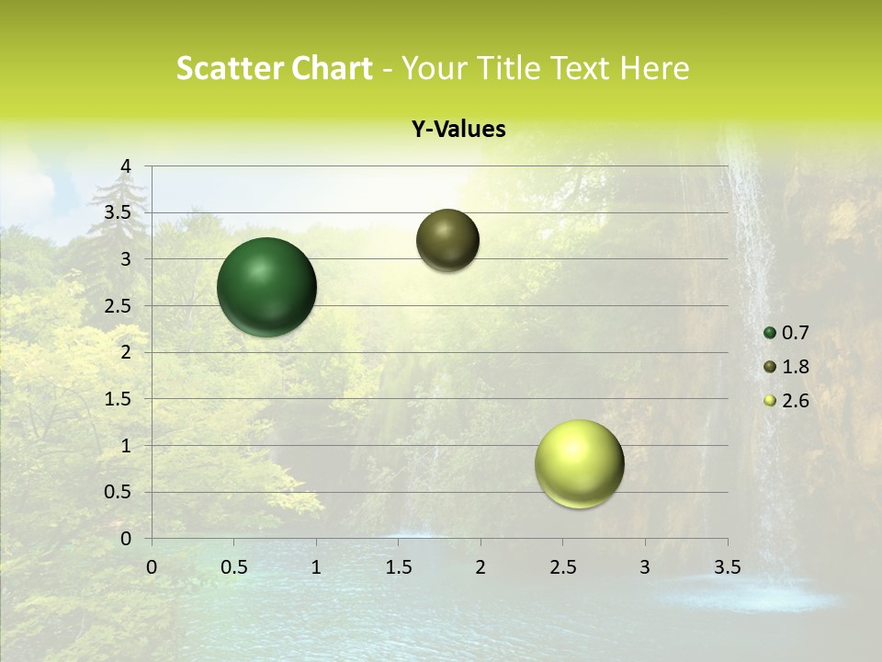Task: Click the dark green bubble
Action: pos(267,287)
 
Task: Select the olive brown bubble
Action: pos(447,240)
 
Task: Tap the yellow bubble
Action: pos(579,463)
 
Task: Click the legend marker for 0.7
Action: pos(770,333)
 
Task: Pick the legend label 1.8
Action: pos(796,367)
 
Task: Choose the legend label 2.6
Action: pos(796,401)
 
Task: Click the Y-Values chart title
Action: pos(458,130)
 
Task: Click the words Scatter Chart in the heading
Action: pos(274,68)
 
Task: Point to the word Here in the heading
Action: pos(653,68)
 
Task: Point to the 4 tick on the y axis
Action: pos(127,166)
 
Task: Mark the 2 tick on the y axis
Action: pos(127,352)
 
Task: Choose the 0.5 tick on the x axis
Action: pos(234,567)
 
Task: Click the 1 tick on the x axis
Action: pos(316,567)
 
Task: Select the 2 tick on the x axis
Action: pos(481,567)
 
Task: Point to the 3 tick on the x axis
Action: pos(645,567)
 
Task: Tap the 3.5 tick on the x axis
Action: pos(727,567)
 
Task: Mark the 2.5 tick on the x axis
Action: pos(562,567)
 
